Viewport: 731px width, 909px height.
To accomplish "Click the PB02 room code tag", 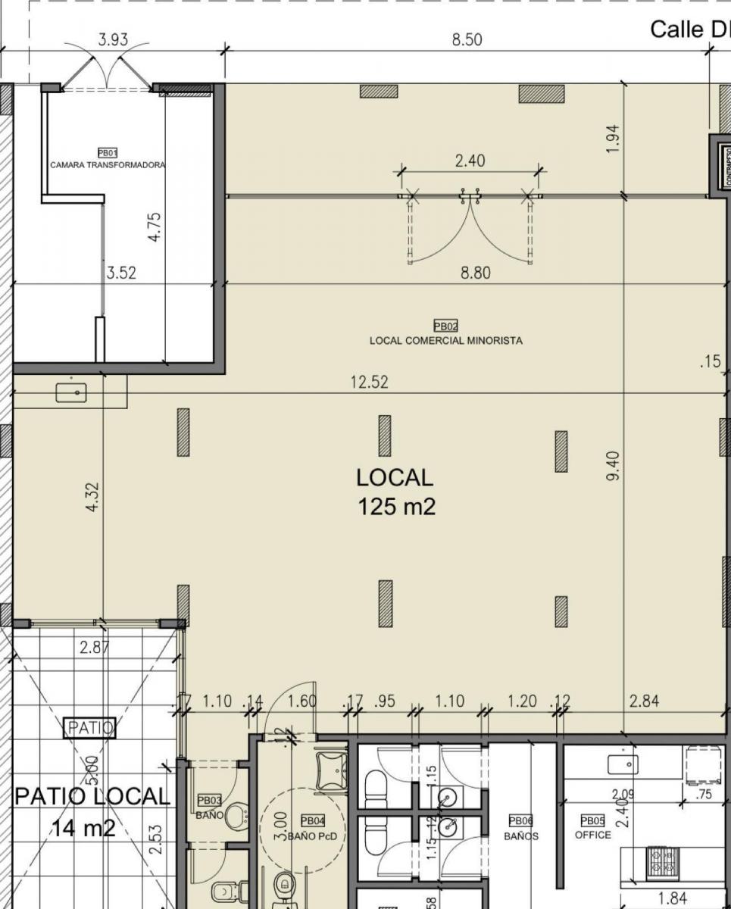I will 445,327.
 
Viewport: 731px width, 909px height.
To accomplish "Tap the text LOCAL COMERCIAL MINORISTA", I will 445,341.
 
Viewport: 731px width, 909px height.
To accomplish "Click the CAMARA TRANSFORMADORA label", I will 108,164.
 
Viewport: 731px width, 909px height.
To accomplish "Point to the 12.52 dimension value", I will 369,383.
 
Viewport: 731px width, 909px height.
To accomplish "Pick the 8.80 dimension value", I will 475,273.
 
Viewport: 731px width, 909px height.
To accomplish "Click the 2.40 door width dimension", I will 470,161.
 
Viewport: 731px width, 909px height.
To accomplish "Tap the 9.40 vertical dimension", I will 613,465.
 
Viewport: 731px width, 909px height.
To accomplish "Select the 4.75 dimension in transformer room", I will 155,226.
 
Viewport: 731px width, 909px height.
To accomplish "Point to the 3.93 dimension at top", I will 113,40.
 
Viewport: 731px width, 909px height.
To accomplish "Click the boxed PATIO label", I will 90,729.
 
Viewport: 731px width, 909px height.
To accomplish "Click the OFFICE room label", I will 592,835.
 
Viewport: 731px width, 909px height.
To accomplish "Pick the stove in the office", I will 662,858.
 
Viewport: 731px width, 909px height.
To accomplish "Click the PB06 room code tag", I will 520,820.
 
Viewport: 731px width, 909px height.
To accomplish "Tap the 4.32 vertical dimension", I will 93,497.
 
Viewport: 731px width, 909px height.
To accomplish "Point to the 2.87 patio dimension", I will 95,647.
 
